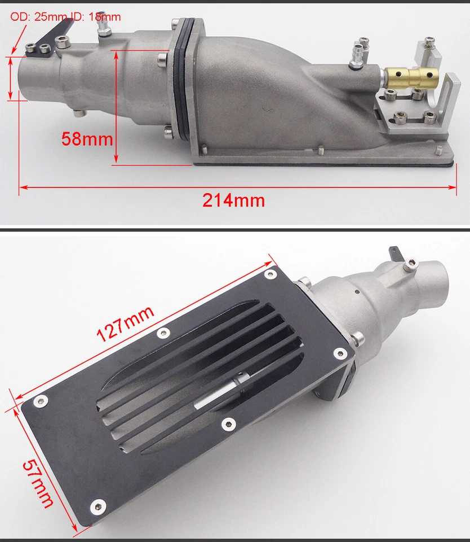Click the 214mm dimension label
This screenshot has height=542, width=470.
234,200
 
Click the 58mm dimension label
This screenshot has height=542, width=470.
87,138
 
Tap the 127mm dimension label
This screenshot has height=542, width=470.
125,322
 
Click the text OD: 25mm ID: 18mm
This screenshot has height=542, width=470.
65,17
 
